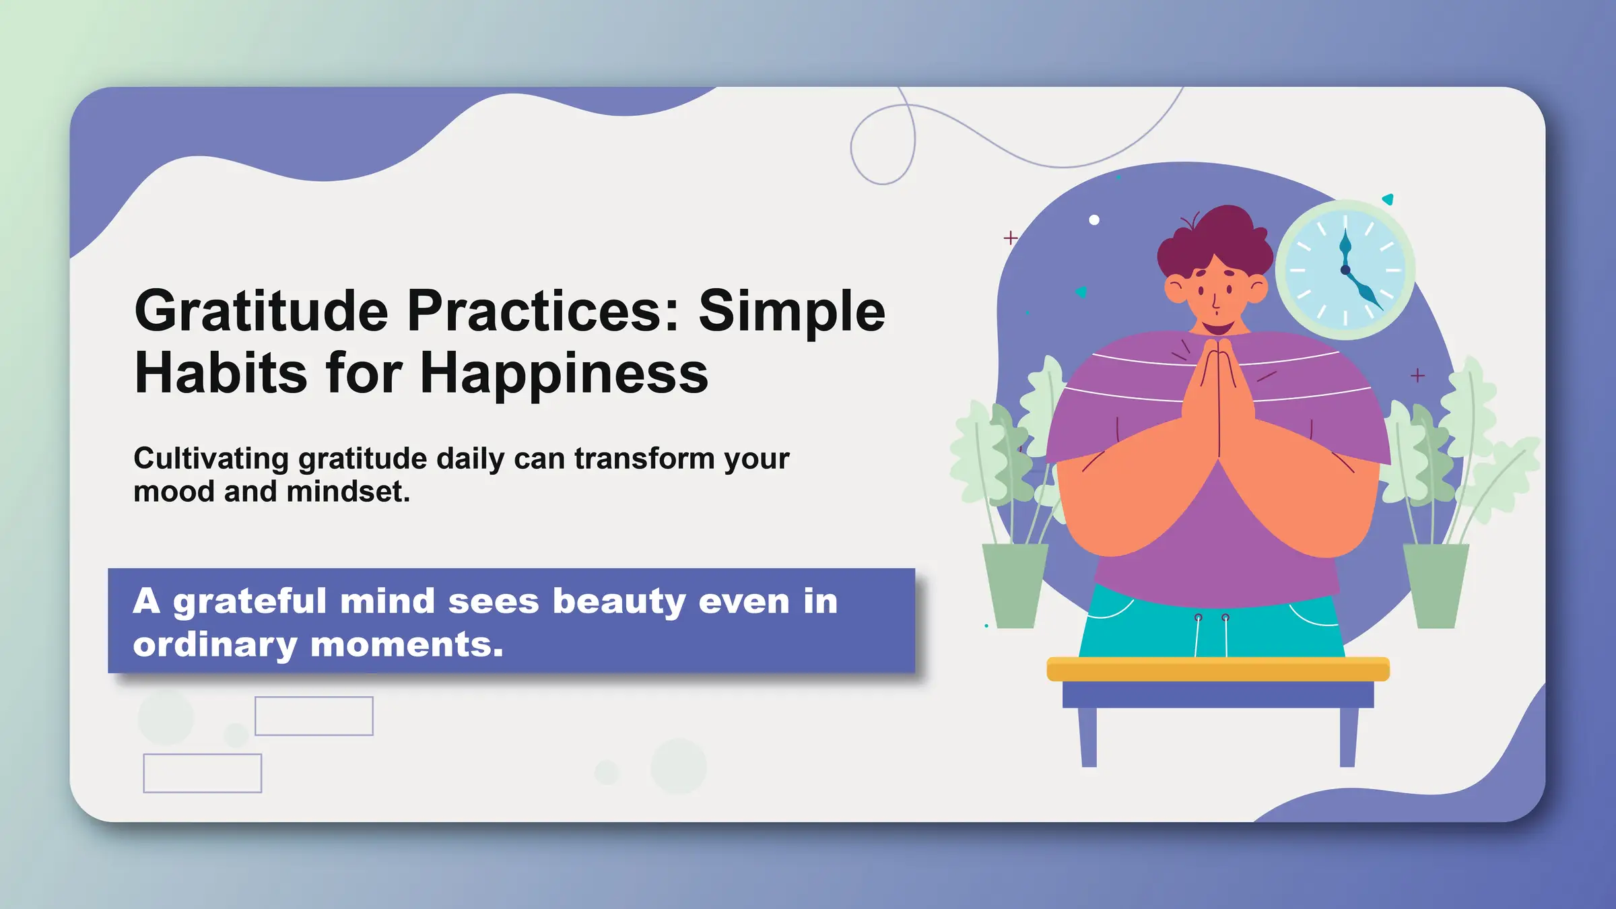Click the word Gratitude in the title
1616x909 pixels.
261,311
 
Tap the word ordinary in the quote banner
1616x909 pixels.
215,644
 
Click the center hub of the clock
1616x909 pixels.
1345,270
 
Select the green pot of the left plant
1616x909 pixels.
1014,584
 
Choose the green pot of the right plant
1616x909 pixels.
1436,584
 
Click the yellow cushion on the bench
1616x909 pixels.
1218,669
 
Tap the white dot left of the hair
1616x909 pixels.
1094,220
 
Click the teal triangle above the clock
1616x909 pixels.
1388,199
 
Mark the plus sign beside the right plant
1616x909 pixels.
1417,376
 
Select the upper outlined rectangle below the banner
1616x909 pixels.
314,716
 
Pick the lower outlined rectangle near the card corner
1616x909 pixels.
202,773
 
